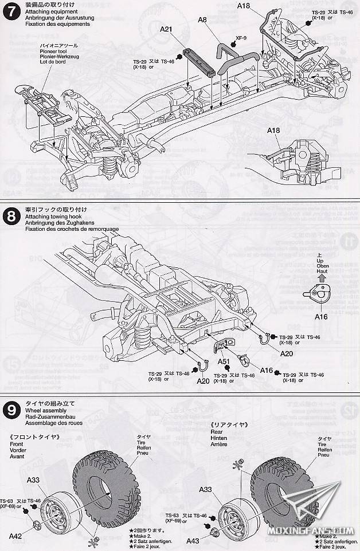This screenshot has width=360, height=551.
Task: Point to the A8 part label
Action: click(202, 19)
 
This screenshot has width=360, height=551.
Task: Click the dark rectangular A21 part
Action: click(199, 61)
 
